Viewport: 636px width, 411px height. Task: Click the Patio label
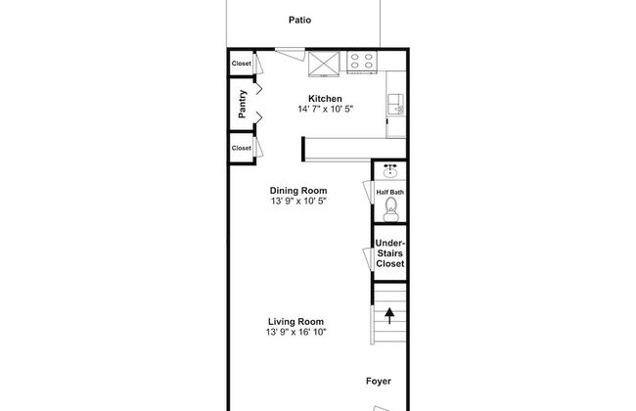pyautogui.click(x=299, y=20)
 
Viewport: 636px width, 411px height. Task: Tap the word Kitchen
pyautogui.click(x=325, y=99)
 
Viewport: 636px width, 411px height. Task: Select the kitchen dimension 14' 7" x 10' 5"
pyautogui.click(x=325, y=110)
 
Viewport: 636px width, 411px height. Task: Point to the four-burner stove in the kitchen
pyautogui.click(x=362, y=62)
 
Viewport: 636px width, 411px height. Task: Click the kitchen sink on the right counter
pyautogui.click(x=395, y=104)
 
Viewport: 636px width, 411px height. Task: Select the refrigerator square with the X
pyautogui.click(x=323, y=62)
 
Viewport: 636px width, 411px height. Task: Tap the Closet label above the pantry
pyautogui.click(x=241, y=64)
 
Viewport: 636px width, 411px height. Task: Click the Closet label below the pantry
pyautogui.click(x=241, y=148)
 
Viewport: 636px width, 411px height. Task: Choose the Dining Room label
pyautogui.click(x=298, y=191)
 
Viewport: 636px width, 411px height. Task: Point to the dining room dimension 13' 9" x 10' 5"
pyautogui.click(x=298, y=202)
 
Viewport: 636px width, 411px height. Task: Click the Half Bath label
pyautogui.click(x=390, y=192)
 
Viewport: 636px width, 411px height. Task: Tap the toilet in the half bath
pyautogui.click(x=390, y=208)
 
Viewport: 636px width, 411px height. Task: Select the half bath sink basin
pyautogui.click(x=390, y=171)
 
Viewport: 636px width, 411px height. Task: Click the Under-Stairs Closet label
pyautogui.click(x=389, y=253)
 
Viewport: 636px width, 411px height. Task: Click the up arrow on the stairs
pyautogui.click(x=390, y=315)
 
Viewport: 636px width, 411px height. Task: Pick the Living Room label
pyautogui.click(x=296, y=322)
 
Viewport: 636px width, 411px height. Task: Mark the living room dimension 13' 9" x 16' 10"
pyautogui.click(x=296, y=333)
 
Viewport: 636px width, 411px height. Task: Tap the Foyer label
pyautogui.click(x=380, y=383)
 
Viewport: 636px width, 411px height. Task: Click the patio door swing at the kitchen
pyautogui.click(x=288, y=53)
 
